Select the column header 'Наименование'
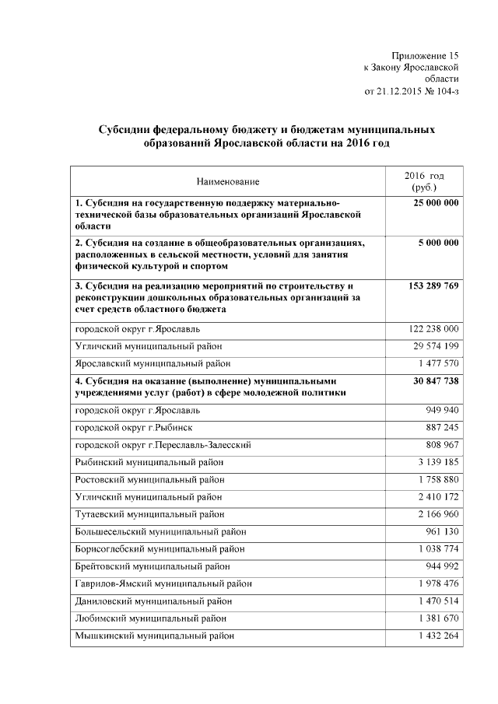coord(228,181)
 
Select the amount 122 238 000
coord(433,329)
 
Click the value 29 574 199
coord(436,346)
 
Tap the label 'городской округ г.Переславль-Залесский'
coord(163,445)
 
